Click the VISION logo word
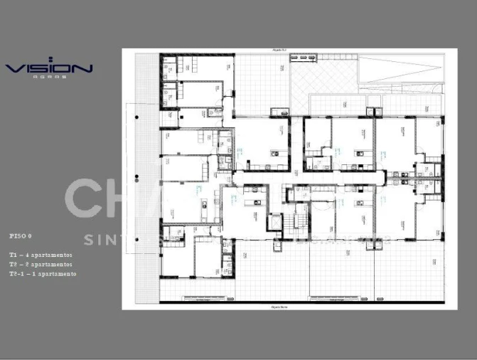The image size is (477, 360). pyautogui.click(x=49, y=68)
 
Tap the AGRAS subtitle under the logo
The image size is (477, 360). pyautogui.click(x=49, y=78)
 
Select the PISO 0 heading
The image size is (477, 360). pyautogui.click(x=21, y=235)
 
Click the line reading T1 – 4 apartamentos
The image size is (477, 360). pyautogui.click(x=41, y=255)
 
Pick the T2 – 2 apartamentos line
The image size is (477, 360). pyautogui.click(x=41, y=264)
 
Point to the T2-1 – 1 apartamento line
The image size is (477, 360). pyautogui.click(x=43, y=274)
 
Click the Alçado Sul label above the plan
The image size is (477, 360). pyautogui.click(x=279, y=51)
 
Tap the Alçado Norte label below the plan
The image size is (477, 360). pyautogui.click(x=279, y=307)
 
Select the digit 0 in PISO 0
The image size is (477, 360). pyautogui.click(x=30, y=235)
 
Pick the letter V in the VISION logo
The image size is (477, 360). pyautogui.click(x=14, y=68)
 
